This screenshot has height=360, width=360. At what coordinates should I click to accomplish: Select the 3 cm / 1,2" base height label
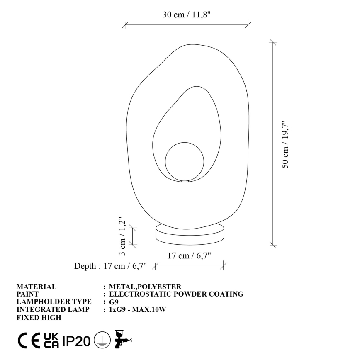[122, 236]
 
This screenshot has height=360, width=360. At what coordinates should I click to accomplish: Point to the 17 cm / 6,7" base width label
[189, 255]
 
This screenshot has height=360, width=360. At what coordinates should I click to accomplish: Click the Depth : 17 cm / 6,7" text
[111, 266]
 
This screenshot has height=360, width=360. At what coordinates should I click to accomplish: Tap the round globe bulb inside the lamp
[185, 161]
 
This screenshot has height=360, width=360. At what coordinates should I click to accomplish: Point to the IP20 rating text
[77, 341]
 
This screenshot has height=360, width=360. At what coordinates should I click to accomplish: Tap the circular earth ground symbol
[100, 341]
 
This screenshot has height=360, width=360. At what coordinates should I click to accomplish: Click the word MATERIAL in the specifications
[36, 287]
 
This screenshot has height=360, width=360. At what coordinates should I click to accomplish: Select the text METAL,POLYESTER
[145, 287]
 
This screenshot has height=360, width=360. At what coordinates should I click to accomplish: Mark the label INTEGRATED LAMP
[53, 310]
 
